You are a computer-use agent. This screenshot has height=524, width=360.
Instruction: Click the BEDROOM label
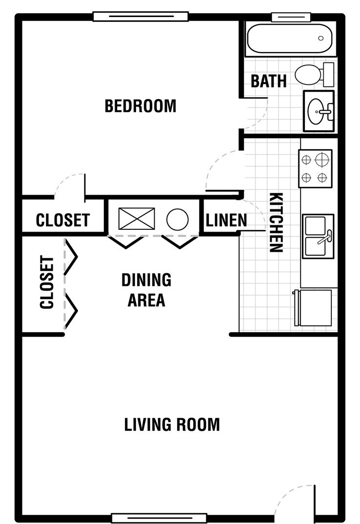(140, 106)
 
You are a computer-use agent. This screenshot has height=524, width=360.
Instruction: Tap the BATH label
(269, 81)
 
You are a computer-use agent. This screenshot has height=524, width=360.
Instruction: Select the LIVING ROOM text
(172, 425)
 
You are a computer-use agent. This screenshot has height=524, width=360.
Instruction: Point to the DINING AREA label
(146, 290)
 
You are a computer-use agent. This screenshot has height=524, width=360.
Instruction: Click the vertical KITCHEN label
(277, 222)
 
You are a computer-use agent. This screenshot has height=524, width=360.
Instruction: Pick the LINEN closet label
(226, 221)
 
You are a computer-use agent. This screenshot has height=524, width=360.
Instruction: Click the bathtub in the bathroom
(289, 39)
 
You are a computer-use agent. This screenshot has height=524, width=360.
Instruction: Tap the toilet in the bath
(314, 75)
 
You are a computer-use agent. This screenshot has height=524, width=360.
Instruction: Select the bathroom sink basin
(319, 111)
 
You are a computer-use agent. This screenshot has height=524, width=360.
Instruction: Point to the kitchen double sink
(318, 236)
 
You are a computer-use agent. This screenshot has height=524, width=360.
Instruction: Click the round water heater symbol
(178, 220)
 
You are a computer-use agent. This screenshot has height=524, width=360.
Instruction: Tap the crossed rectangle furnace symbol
(137, 219)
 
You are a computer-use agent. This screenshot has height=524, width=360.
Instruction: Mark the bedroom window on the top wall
(140, 17)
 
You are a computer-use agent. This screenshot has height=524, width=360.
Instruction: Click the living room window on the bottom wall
(159, 518)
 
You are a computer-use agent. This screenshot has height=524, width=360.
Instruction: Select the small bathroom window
(289, 17)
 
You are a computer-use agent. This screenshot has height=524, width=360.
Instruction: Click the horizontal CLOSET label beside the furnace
(63, 220)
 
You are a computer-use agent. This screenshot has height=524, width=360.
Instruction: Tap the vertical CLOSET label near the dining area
(47, 282)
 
